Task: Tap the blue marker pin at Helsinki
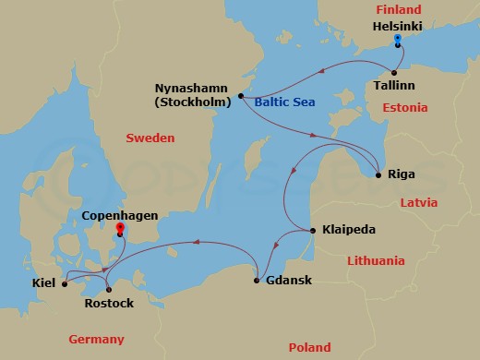[397, 41]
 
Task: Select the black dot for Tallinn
[394, 73]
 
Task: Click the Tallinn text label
[394, 86]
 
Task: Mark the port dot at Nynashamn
[240, 95]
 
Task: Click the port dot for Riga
[379, 174]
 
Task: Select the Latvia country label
[417, 202]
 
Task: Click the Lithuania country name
[377, 261]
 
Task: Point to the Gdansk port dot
[256, 280]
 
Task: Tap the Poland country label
[309, 348]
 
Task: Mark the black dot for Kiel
[64, 283]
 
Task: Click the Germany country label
[95, 340]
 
